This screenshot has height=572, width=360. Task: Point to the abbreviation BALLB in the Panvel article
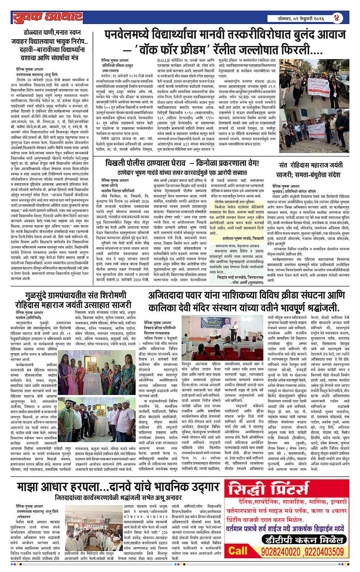[x=165, y=61]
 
